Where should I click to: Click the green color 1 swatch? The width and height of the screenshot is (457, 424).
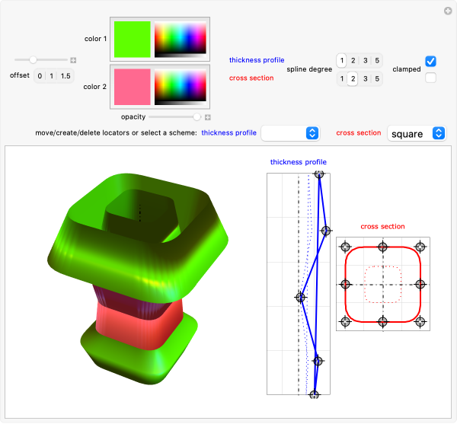(132, 39)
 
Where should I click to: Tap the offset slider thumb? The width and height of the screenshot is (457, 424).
(33, 59)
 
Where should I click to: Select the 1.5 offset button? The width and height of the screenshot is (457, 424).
(66, 76)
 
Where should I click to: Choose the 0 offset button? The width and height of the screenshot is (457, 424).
(40, 76)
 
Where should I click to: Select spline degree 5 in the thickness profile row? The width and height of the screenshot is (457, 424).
(378, 61)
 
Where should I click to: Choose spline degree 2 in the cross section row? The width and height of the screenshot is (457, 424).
(353, 78)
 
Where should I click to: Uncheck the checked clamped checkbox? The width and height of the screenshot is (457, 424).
(431, 61)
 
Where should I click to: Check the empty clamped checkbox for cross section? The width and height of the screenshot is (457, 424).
(431, 78)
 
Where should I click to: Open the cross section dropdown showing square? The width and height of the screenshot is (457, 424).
(416, 133)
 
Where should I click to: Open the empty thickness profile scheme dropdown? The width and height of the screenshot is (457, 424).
(290, 133)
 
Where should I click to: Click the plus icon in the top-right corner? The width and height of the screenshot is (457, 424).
(449, 10)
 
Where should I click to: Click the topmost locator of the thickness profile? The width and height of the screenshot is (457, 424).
(320, 174)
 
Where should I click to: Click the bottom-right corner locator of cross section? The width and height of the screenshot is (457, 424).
(420, 321)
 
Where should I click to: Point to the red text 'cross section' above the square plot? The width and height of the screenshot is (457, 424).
(382, 226)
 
